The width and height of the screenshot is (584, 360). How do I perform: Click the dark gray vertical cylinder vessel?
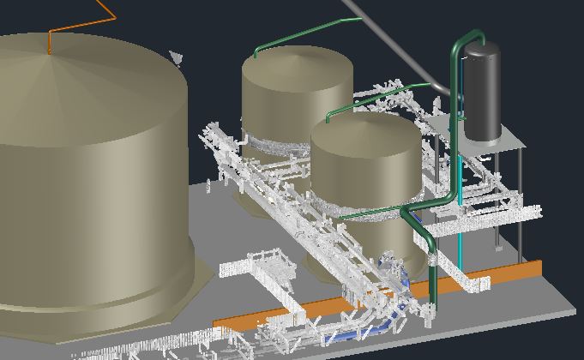[481, 94]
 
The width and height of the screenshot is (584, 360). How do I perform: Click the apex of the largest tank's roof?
[51, 54]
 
